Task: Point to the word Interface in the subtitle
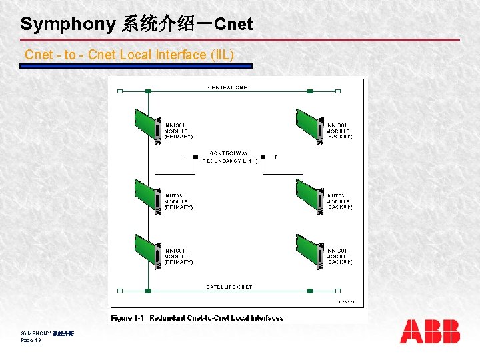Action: (x=179, y=55)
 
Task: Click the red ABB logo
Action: (x=429, y=331)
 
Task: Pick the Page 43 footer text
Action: (x=31, y=340)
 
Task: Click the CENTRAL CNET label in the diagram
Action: (x=229, y=87)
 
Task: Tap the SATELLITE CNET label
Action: (x=229, y=287)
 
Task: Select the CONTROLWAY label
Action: (x=229, y=153)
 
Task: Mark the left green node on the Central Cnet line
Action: (x=148, y=91)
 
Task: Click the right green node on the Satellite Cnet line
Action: (x=310, y=291)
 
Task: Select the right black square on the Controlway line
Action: (x=263, y=157)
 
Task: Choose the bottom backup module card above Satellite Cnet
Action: (x=310, y=251)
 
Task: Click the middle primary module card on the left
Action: (x=148, y=196)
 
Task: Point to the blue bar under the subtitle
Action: (x=136, y=66)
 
